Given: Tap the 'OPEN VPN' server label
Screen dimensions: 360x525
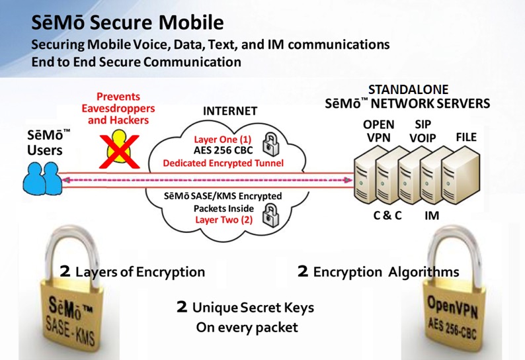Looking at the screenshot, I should [379, 131].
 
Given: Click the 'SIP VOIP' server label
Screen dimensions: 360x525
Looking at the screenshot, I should [422, 131].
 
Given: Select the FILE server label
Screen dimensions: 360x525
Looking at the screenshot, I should [465, 138].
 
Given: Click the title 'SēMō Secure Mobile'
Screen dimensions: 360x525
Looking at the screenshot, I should [127, 23].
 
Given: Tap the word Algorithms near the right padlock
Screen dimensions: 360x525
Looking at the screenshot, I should [423, 272].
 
